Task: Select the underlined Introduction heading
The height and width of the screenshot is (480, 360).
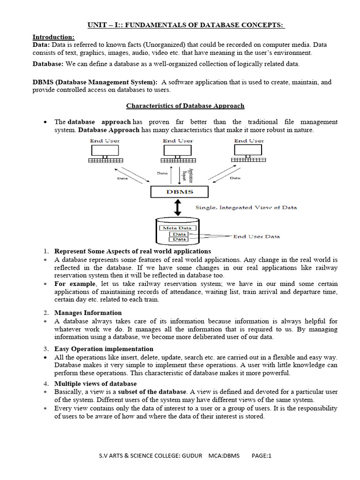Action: tap(53, 37)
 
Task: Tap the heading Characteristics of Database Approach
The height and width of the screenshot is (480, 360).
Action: tap(185, 106)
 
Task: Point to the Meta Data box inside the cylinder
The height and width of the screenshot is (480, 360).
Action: tap(173, 228)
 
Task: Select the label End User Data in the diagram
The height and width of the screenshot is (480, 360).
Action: tap(256, 237)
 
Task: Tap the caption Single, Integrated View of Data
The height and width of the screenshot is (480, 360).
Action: tap(246, 207)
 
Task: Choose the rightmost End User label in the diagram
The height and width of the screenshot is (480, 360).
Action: tap(249, 141)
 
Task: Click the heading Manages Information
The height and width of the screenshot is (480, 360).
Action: tap(88, 313)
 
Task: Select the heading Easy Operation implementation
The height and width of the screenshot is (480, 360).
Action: tap(104, 349)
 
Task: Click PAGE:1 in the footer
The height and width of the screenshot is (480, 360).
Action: tap(262, 456)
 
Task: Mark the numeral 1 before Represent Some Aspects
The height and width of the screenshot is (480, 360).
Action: tap(46, 251)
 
